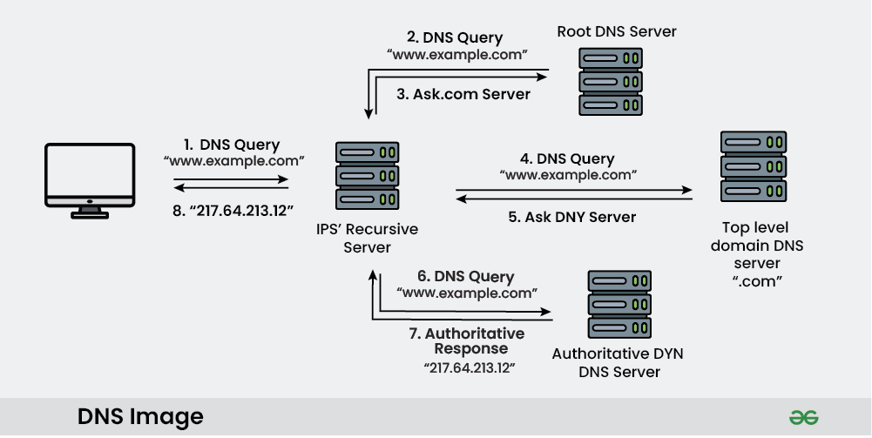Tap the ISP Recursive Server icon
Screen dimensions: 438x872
point(367,177)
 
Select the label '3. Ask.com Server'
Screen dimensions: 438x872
point(463,94)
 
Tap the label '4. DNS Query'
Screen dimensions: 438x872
point(567,159)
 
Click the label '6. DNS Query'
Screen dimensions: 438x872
point(465,276)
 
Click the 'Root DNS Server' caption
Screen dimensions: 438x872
point(617,32)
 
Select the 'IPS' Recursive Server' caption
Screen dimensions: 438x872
point(368,238)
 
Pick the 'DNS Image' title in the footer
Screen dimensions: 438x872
point(140,416)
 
